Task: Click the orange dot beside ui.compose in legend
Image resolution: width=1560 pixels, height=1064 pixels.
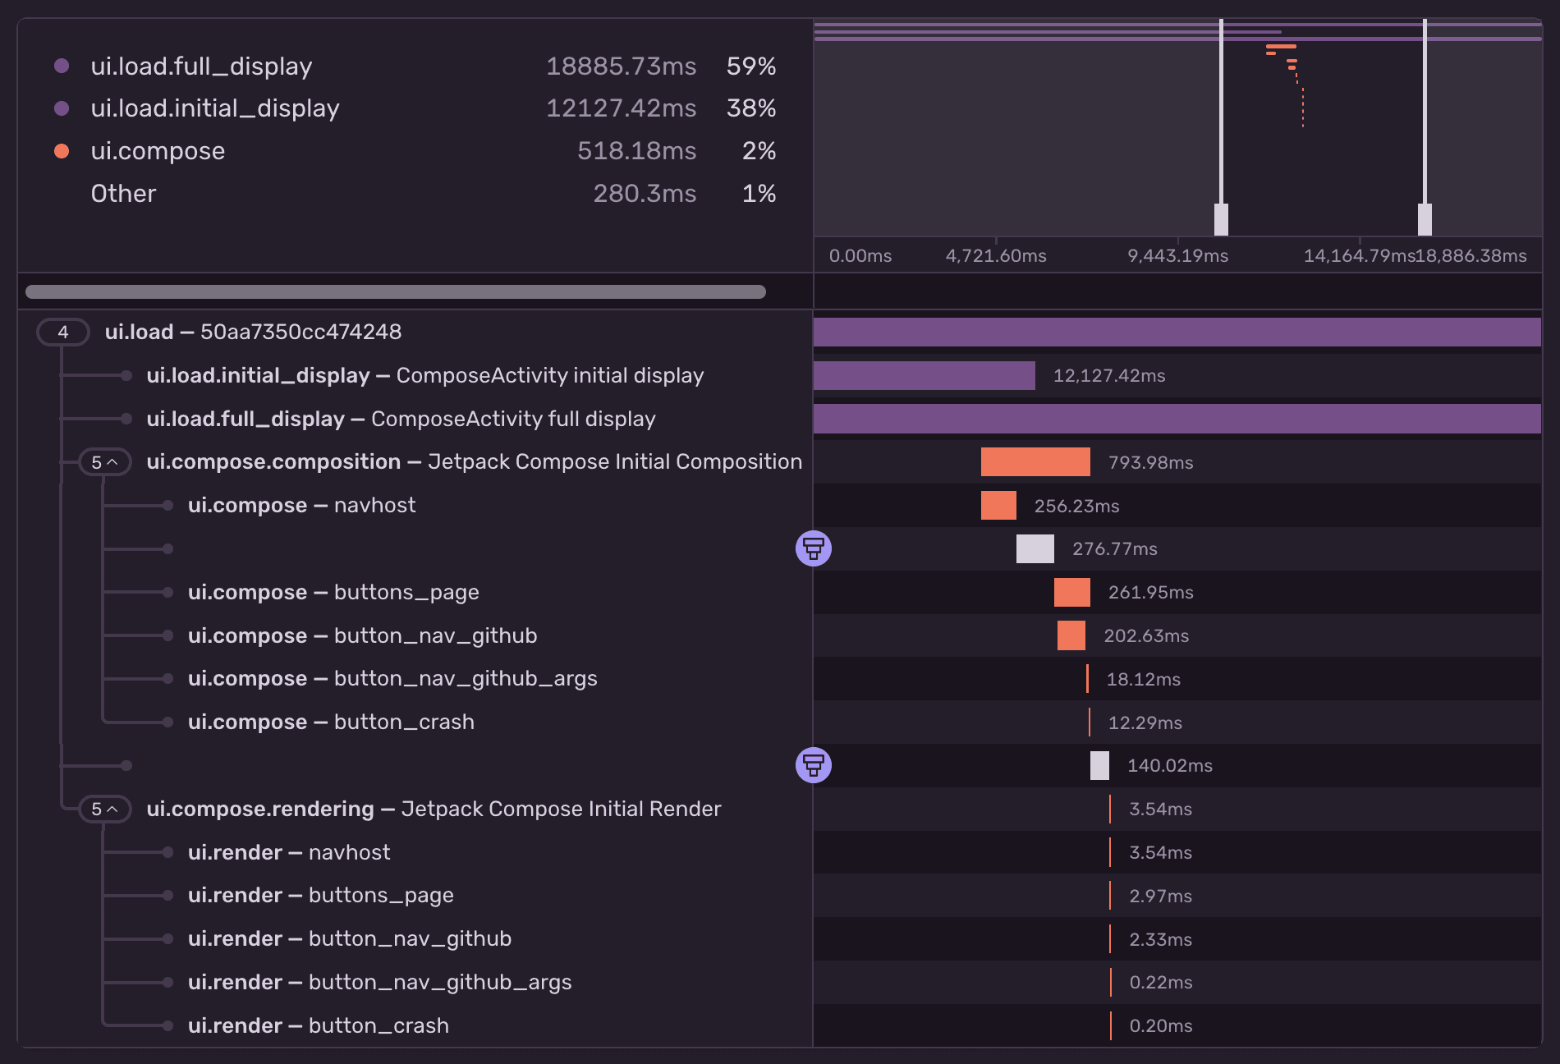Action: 62,151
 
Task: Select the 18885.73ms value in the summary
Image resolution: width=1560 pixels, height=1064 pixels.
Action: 621,66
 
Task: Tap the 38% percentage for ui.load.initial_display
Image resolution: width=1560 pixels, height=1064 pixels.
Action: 750,108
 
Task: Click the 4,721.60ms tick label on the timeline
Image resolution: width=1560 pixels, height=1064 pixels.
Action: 995,256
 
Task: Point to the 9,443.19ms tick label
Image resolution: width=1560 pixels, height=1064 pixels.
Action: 1177,256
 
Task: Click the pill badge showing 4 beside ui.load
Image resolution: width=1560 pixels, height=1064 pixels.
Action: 63,332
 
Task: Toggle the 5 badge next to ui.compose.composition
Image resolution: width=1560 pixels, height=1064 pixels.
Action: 104,462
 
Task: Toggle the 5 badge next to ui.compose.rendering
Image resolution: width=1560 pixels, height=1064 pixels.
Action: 104,809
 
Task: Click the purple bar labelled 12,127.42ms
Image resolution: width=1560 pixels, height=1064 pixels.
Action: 924,376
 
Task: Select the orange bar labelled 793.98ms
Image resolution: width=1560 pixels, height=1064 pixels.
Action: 1035,462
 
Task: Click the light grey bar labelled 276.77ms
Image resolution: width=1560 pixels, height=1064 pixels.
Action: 1035,548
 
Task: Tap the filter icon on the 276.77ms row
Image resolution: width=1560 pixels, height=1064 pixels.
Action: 813,548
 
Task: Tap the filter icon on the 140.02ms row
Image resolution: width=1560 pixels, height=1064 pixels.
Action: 813,765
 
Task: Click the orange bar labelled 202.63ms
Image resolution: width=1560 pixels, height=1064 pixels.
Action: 1071,635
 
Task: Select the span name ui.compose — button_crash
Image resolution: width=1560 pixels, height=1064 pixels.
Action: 331,722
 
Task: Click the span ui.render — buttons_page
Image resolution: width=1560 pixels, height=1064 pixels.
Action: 320,896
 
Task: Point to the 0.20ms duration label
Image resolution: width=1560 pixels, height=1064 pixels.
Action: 1160,1026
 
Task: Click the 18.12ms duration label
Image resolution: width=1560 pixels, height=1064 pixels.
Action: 1143,680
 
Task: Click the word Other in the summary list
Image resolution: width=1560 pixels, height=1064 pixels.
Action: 123,194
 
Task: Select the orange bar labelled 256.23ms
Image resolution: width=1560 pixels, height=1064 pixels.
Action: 998,506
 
